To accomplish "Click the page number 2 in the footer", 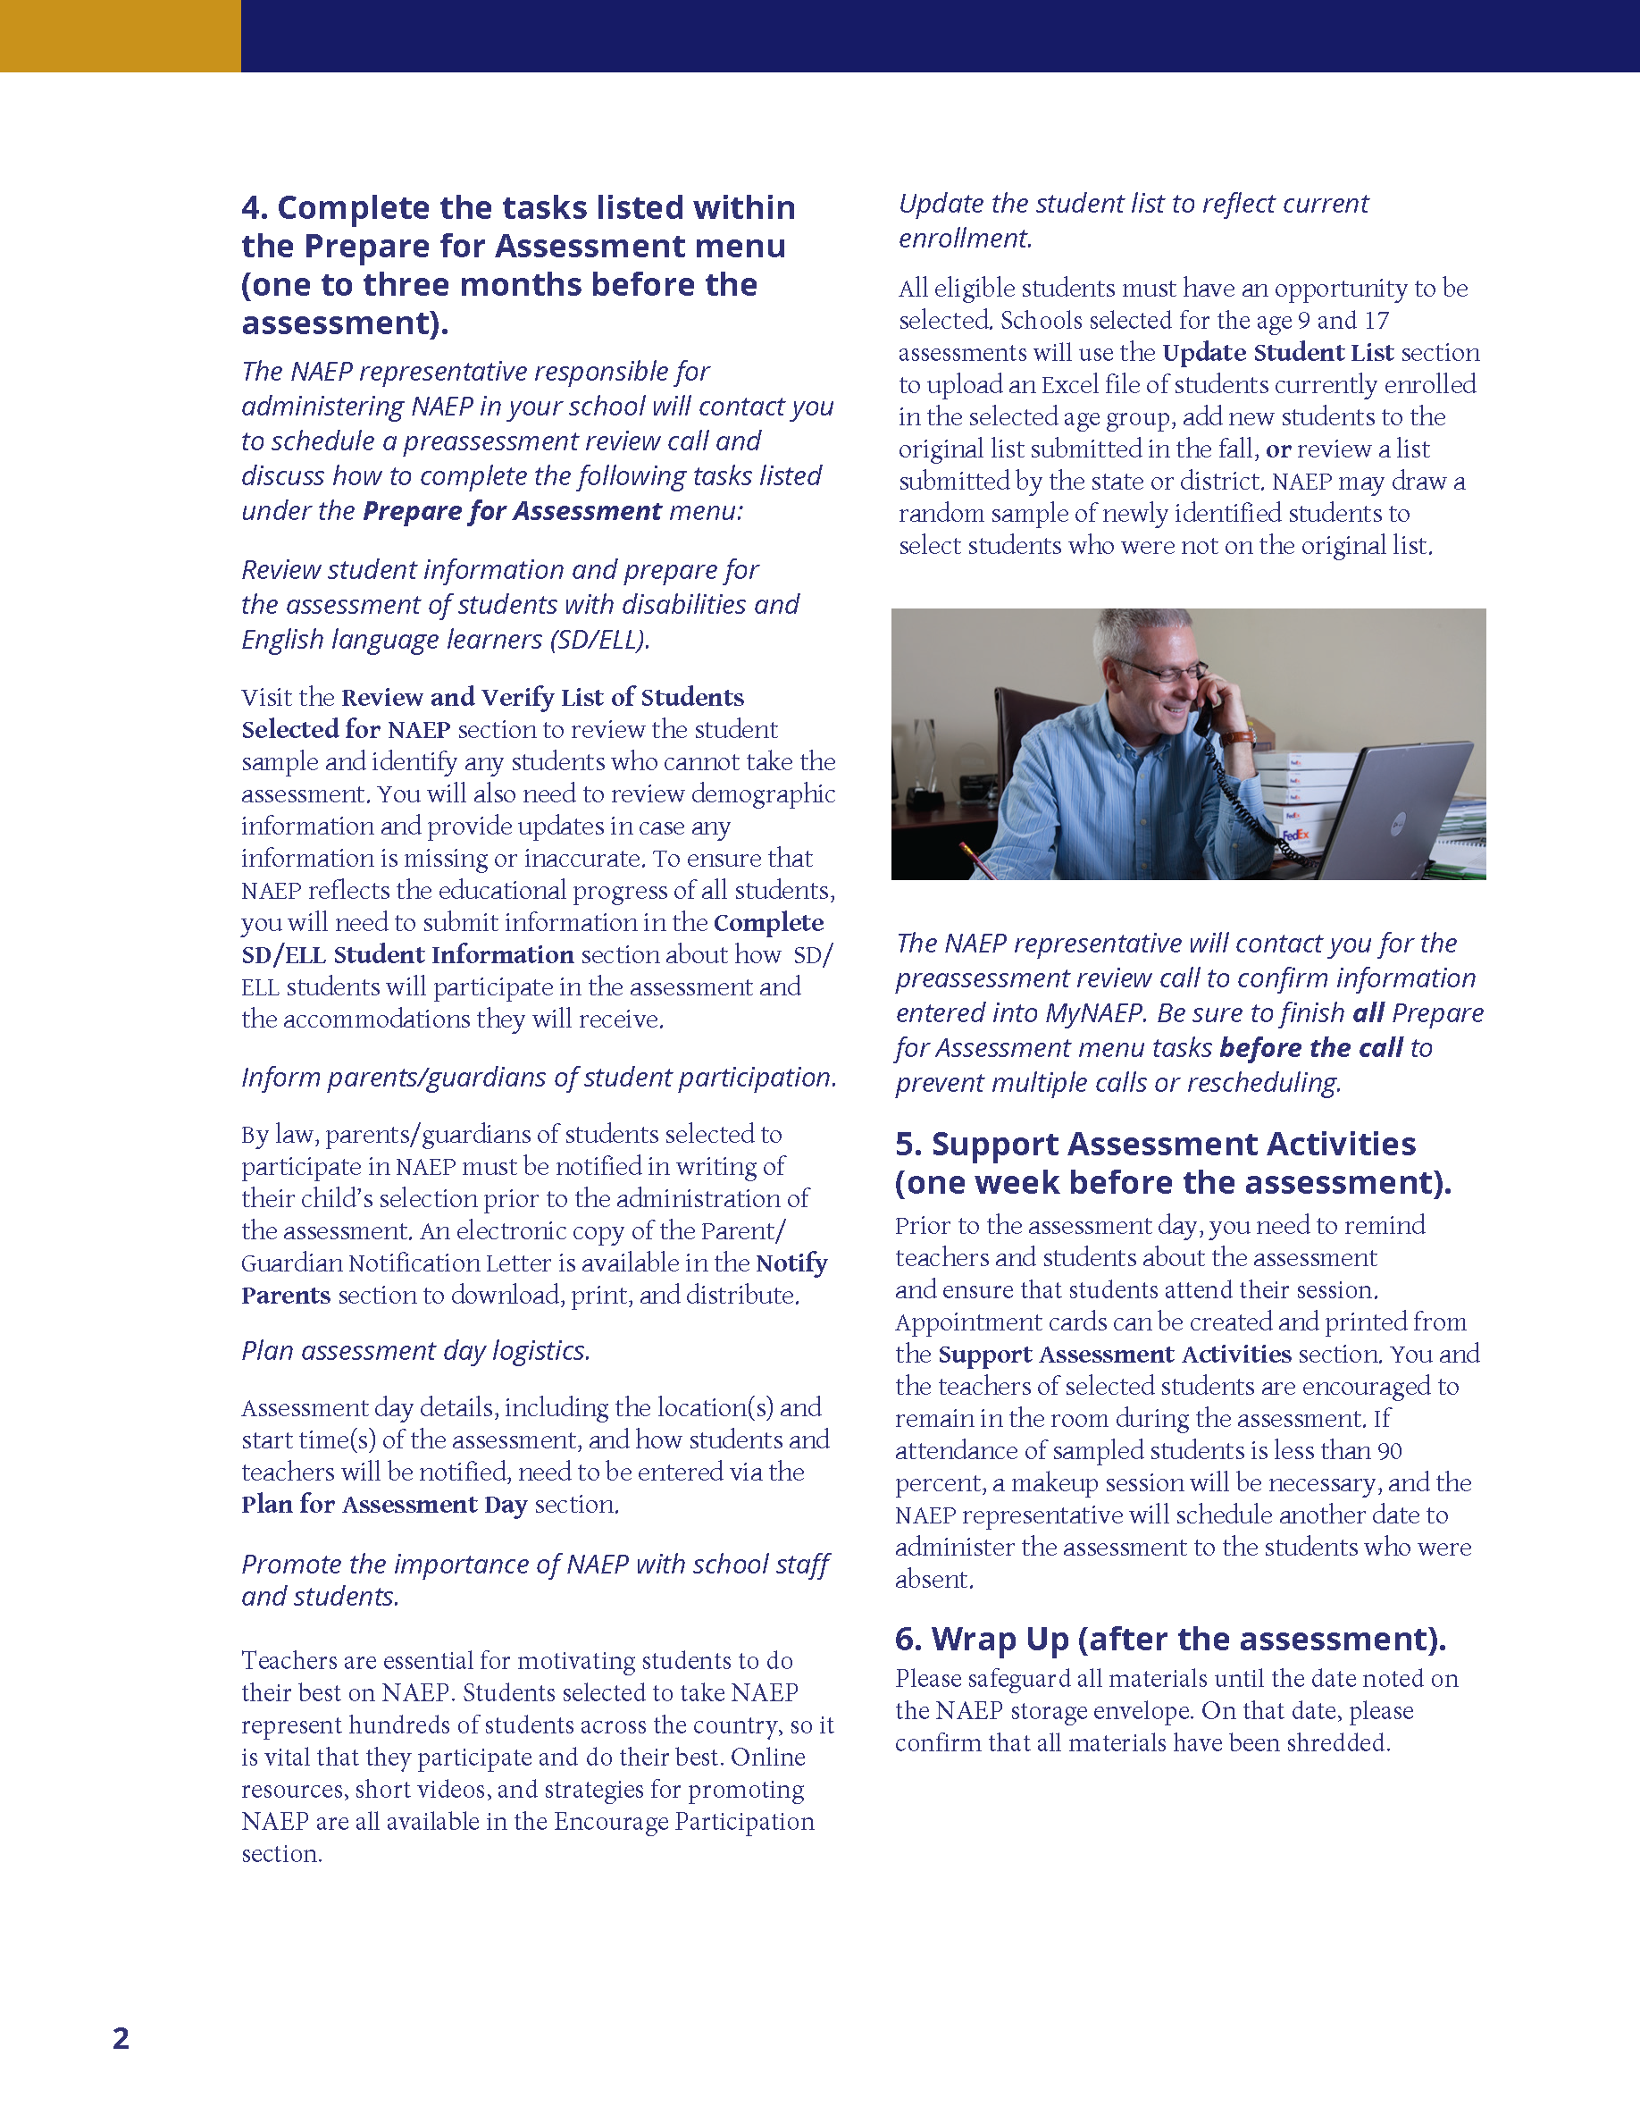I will pyautogui.click(x=121, y=2037).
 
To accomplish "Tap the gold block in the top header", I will pyautogui.click(x=120, y=36).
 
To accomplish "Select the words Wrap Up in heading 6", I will pyautogui.click(x=1000, y=1639).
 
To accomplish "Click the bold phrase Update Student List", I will pyautogui.click(x=1277, y=353).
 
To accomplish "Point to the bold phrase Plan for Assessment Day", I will pyautogui.click(x=384, y=1505).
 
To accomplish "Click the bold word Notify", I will pyautogui.click(x=791, y=1263).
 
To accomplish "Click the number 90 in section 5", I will pyautogui.click(x=1389, y=1451).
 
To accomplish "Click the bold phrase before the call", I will pyautogui.click(x=1310, y=1048).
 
